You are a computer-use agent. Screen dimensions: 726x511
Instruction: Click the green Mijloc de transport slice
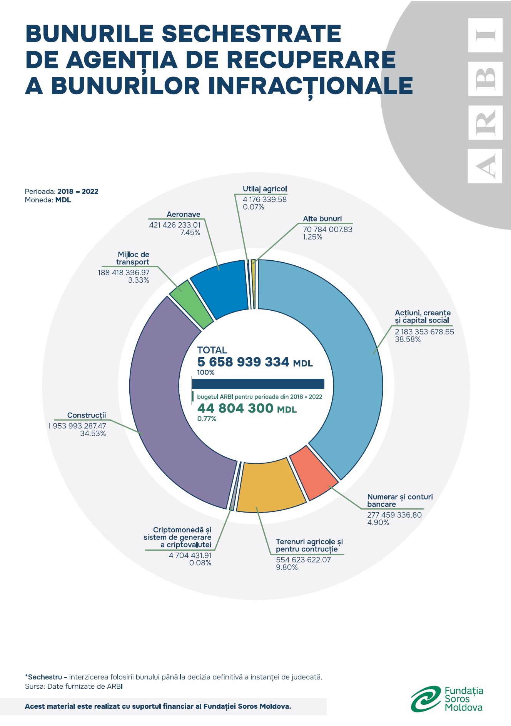(190, 304)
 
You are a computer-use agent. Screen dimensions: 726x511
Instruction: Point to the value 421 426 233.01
(175, 225)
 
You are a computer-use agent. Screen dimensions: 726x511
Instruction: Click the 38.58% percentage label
(407, 340)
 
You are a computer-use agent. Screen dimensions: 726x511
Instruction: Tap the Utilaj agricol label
(265, 189)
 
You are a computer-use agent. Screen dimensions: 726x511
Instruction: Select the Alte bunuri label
(322, 219)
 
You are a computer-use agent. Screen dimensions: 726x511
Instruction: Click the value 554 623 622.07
(303, 560)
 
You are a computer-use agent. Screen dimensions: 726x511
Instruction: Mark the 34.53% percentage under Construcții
(93, 434)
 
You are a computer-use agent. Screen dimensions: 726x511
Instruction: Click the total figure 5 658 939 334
(243, 362)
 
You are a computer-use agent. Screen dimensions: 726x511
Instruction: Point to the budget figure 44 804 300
(235, 408)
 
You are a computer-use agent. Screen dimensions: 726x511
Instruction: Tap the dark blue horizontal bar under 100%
(258, 384)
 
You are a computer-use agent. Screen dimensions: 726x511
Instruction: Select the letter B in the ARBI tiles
(485, 78)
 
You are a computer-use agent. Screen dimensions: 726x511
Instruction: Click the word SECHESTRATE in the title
(251, 34)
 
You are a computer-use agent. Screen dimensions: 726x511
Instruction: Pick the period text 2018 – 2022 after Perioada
(78, 191)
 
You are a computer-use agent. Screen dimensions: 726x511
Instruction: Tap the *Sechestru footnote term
(43, 677)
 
